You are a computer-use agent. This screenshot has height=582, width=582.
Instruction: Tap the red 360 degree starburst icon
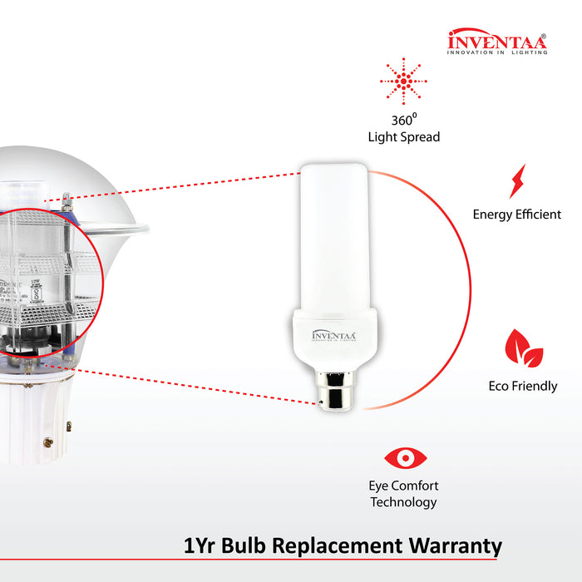(x=403, y=81)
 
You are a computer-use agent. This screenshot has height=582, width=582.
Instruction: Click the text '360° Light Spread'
(x=403, y=128)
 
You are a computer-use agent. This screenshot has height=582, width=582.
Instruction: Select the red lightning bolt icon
(x=517, y=180)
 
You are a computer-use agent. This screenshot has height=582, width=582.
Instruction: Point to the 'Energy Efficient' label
(x=517, y=215)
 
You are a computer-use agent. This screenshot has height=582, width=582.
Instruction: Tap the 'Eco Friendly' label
(x=523, y=387)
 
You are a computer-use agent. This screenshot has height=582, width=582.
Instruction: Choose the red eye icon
(x=405, y=458)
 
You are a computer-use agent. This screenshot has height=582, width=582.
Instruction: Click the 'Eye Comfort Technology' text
(x=403, y=494)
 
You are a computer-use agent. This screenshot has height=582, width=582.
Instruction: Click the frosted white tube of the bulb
(x=333, y=233)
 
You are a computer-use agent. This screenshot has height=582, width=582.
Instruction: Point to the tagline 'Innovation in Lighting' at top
(x=497, y=52)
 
